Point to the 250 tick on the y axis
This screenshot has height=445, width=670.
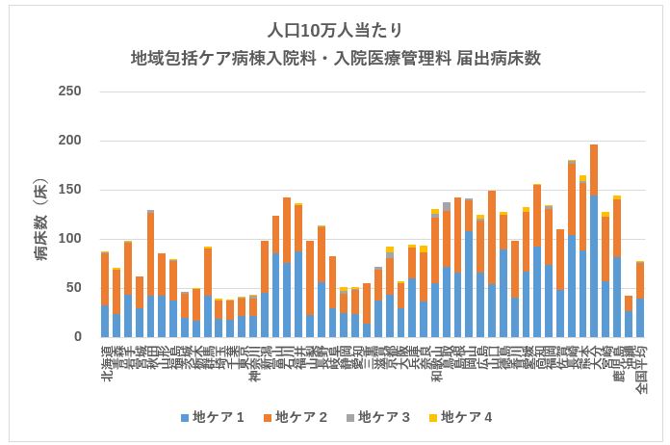click(x=69, y=92)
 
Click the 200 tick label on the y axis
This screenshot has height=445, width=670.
click(x=69, y=141)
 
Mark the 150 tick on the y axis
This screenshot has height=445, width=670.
click(x=69, y=190)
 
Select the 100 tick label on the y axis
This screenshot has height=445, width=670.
click(x=69, y=239)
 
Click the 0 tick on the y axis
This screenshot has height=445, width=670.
click(x=77, y=337)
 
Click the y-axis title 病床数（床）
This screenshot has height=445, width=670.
click(x=42, y=214)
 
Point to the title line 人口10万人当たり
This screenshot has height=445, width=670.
click(x=335, y=31)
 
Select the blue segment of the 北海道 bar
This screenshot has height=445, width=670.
click(x=105, y=322)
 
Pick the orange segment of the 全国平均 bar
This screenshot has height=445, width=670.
click(x=639, y=280)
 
